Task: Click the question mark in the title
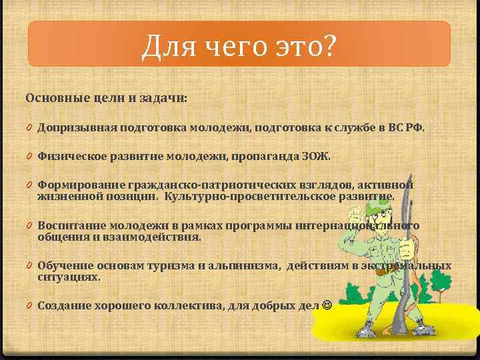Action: [x=329, y=47]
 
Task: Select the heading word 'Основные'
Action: [x=51, y=98]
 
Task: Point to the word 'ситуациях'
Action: [x=68, y=277]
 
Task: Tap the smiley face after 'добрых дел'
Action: [x=326, y=305]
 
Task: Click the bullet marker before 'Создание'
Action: [x=30, y=305]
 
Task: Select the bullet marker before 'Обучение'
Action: [x=30, y=266]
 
